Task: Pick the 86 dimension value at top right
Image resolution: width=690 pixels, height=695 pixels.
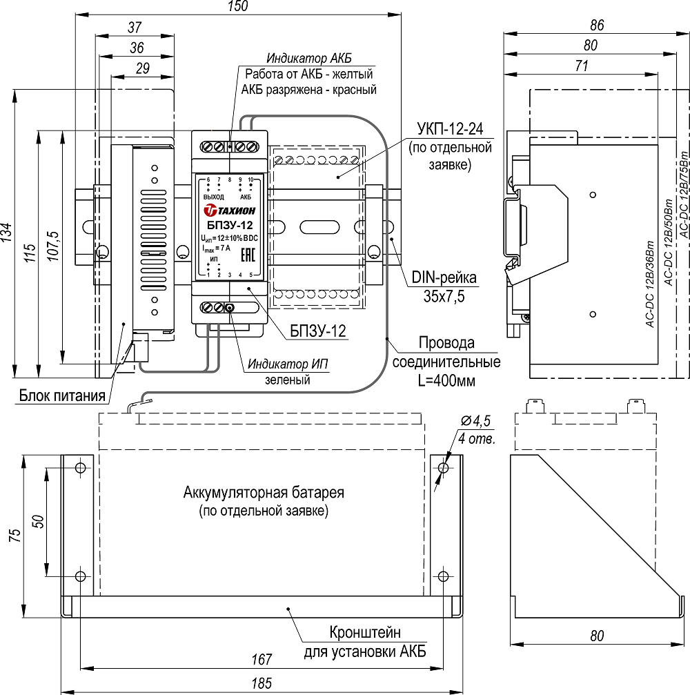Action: [598, 25]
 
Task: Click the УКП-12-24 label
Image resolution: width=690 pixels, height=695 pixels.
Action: [449, 130]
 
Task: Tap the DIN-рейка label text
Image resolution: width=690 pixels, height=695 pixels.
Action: [444, 279]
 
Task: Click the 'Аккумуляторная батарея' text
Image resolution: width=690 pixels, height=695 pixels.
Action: [263, 493]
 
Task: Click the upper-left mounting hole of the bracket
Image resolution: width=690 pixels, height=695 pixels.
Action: [81, 469]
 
